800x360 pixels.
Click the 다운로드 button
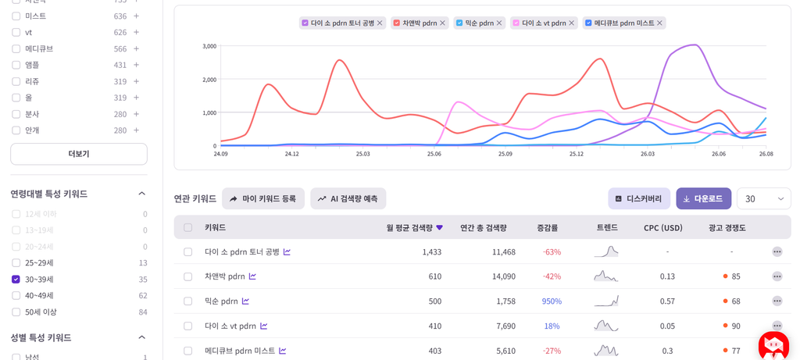pos(704,199)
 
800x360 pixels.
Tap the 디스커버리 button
pos(640,199)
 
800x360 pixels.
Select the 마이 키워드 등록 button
pos(263,199)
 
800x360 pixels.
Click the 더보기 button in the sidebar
pos(79,154)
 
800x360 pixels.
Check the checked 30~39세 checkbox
pos(16,280)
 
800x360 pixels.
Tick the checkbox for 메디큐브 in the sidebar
pos(16,49)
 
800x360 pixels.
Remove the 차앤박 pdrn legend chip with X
pos(442,23)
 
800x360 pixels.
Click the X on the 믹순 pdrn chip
pos(499,23)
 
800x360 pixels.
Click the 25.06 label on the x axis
pos(434,154)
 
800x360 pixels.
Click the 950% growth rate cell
pos(552,301)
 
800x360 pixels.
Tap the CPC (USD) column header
pos(662,227)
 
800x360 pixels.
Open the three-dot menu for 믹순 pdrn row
pos(777,301)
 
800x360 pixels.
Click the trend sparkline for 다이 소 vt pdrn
pos(606,326)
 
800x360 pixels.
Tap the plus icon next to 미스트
pos(136,16)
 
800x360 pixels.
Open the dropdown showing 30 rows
pos(764,199)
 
